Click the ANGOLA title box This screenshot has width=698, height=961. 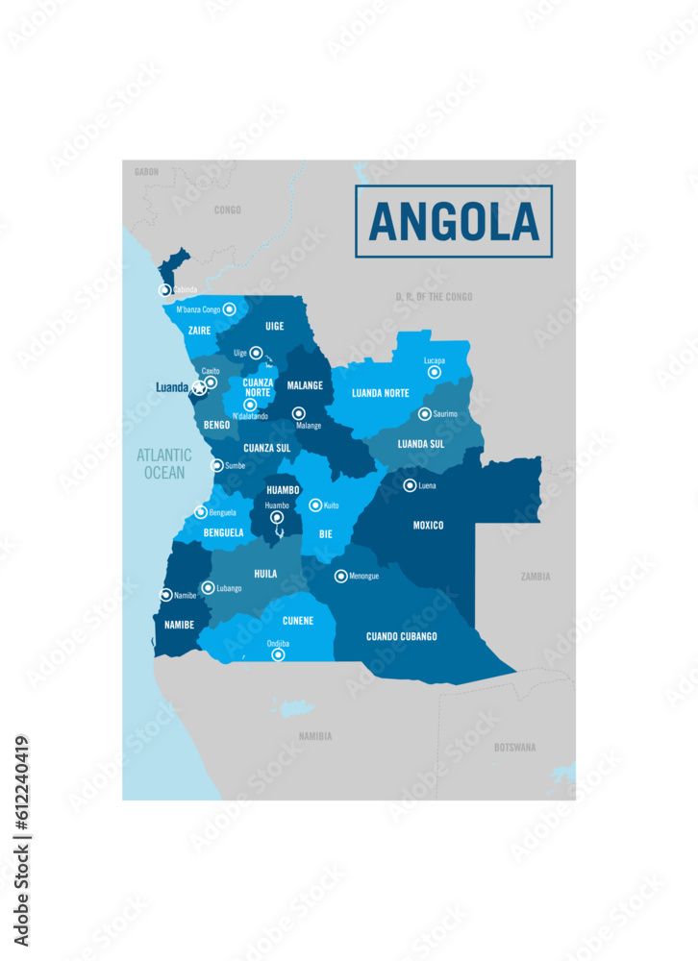click(x=454, y=221)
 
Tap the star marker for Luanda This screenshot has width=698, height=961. click(x=200, y=388)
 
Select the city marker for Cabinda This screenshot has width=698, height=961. click(x=165, y=289)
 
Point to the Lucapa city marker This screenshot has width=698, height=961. click(x=435, y=372)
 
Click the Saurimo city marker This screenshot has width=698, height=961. click(x=425, y=414)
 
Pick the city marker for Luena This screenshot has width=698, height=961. click(x=410, y=485)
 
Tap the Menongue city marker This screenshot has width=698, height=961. click(x=340, y=577)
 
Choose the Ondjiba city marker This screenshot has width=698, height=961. click(x=279, y=655)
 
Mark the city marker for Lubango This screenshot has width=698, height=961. click(x=208, y=587)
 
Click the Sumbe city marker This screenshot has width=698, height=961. click(x=217, y=465)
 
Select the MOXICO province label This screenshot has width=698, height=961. click(x=428, y=526)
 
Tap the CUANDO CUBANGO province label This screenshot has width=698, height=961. click(x=402, y=636)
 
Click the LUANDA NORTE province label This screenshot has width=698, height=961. click(x=381, y=393)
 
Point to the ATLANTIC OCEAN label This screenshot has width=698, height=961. click(x=163, y=462)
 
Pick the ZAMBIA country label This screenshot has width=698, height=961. click(x=536, y=577)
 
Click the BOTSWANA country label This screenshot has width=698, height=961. click(x=515, y=747)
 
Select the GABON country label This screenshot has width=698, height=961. click(x=146, y=172)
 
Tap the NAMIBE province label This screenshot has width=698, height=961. click(x=180, y=625)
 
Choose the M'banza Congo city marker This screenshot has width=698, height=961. click(x=230, y=309)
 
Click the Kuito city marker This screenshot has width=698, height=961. click(x=315, y=505)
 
